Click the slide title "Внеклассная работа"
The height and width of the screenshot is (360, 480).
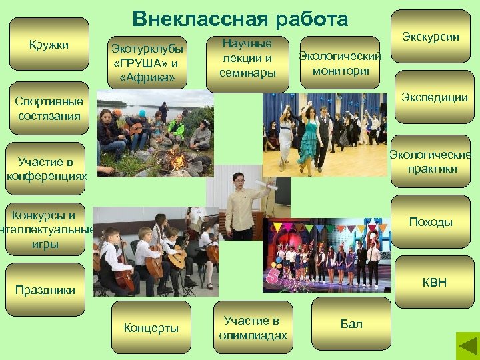[x=240, y=19]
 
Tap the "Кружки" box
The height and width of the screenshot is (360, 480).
[x=49, y=44]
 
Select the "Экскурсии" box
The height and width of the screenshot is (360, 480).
[x=431, y=37]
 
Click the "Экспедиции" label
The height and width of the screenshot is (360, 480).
[x=434, y=97]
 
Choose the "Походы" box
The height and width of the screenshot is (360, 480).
[x=431, y=222]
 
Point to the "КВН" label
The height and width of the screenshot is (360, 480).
[x=434, y=283]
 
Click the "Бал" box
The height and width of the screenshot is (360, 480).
[x=351, y=324]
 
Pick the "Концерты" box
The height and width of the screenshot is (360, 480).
[x=151, y=328]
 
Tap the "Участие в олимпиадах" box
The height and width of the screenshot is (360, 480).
[x=253, y=328]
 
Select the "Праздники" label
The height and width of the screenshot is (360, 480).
[x=45, y=290]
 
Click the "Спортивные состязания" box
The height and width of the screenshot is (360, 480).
[x=49, y=109]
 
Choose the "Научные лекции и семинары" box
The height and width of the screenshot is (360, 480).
[x=247, y=58]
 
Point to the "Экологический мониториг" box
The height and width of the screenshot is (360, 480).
[x=340, y=62]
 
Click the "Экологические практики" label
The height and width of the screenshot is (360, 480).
[x=431, y=162]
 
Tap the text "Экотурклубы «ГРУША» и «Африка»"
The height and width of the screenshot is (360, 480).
[x=147, y=63]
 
